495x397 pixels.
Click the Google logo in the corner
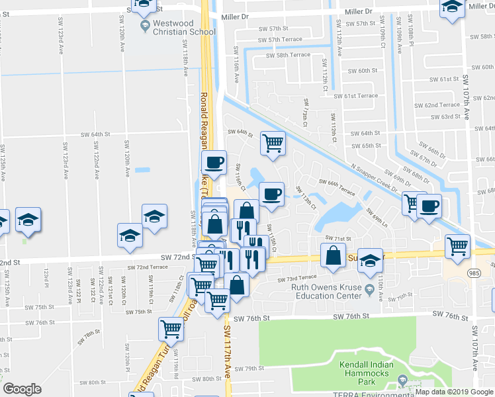pos(22,389)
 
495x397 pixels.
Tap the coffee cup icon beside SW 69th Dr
pos(428,206)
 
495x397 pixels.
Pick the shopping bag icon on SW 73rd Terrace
pos(236,286)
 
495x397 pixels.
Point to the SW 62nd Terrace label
pos(442,105)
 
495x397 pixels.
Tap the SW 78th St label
pos(88,337)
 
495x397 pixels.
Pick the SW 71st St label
pos(336,238)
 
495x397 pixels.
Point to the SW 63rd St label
pos(445,117)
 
